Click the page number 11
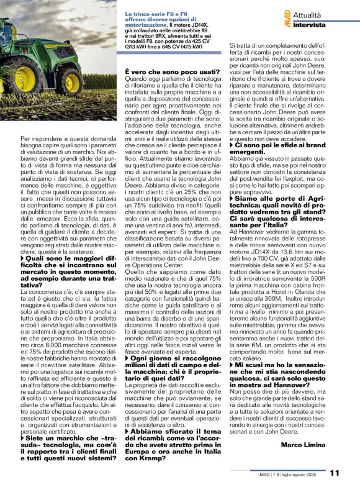point(335,473)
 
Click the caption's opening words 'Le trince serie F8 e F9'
point(152,14)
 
